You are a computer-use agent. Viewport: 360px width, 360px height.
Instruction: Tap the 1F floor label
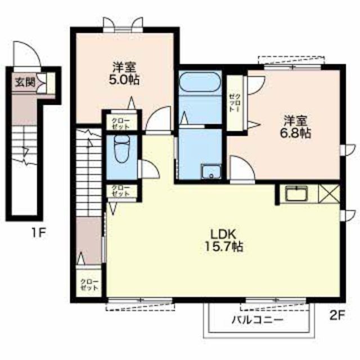click(x=39, y=232)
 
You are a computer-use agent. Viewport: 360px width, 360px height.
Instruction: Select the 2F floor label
click(x=337, y=316)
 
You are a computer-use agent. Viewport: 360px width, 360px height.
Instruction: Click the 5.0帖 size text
click(x=124, y=80)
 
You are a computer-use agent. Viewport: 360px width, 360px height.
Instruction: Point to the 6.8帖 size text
click(x=295, y=133)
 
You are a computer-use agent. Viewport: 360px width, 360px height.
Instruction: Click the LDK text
click(x=223, y=235)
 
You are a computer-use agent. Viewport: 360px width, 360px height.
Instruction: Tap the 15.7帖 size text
click(x=223, y=246)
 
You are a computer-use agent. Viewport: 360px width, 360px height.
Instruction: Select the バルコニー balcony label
click(x=256, y=319)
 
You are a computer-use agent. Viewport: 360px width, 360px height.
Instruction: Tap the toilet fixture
click(x=121, y=148)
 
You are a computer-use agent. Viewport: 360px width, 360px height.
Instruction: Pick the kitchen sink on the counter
click(x=296, y=193)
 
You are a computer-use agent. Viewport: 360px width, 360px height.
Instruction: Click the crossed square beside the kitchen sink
click(x=328, y=193)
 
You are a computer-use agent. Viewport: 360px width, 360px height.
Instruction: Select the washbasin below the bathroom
click(x=211, y=172)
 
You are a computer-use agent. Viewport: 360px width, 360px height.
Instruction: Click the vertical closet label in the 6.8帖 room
click(x=235, y=103)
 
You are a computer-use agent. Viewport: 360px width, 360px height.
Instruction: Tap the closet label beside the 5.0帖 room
click(x=120, y=124)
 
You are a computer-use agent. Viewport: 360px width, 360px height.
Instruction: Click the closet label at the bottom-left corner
click(x=89, y=285)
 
